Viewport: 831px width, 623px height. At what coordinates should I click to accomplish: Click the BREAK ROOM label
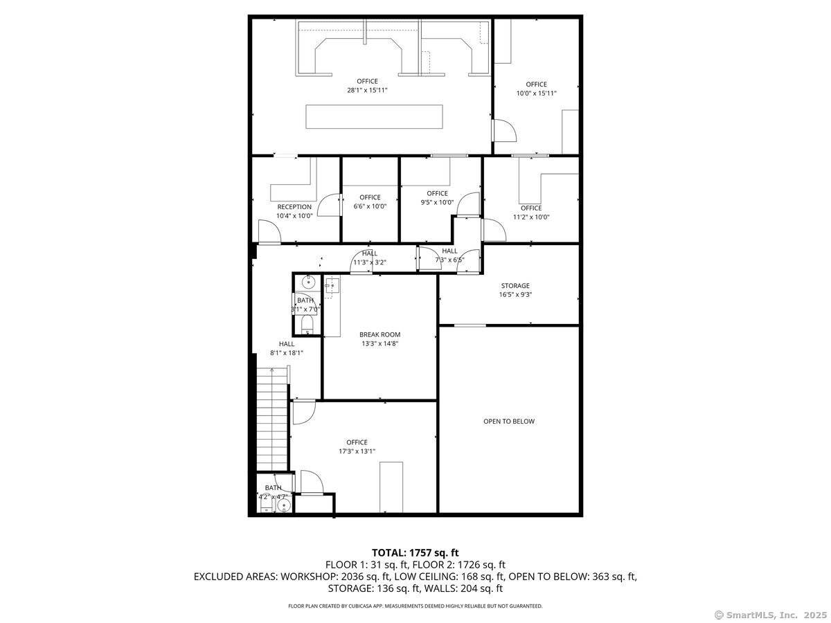click(379, 334)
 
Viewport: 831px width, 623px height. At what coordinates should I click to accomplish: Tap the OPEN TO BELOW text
click(508, 421)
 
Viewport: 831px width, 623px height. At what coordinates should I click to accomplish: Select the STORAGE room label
click(515, 285)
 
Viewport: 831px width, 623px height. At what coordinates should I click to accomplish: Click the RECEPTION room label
click(294, 206)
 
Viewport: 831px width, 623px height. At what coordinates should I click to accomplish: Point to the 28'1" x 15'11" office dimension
click(367, 90)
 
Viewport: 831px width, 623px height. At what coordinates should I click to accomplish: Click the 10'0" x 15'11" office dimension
click(536, 93)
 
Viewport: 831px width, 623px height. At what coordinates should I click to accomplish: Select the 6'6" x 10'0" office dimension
click(370, 206)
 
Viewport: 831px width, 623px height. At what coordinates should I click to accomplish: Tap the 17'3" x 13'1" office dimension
click(357, 451)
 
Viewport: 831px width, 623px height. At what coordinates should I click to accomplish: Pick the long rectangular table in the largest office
click(374, 116)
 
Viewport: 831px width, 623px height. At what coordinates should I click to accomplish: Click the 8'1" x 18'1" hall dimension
click(286, 352)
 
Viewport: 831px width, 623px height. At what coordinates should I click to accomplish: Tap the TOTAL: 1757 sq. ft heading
click(415, 552)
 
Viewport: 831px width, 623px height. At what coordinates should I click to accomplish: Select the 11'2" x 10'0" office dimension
click(530, 217)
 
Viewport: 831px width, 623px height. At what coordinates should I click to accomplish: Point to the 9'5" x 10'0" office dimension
click(437, 202)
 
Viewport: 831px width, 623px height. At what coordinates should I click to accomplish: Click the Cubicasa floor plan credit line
click(415, 606)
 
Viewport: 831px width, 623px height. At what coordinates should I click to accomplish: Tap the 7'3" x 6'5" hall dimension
click(449, 260)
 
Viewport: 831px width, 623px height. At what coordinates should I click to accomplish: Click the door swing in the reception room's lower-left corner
click(268, 232)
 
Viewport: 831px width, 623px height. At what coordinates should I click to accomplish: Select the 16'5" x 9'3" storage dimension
click(515, 294)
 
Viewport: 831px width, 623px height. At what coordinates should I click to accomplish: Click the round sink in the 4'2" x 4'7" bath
click(283, 506)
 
